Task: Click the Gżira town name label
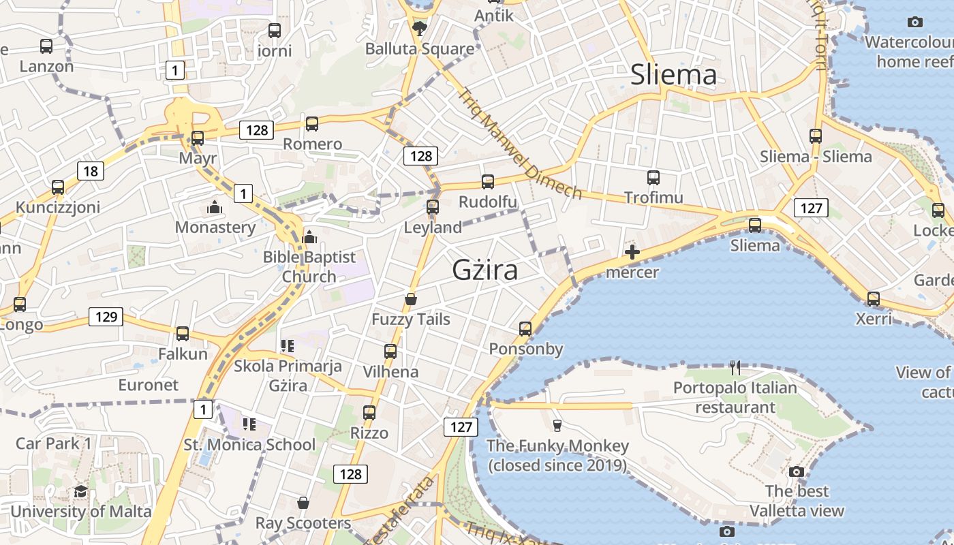pos(484,270)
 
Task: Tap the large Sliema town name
pos(673,74)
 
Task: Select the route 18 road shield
pos(91,170)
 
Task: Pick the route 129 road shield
pos(106,316)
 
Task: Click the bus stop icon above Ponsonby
pos(525,329)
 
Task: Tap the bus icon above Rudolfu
pos(488,182)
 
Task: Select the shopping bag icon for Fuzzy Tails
pos(411,299)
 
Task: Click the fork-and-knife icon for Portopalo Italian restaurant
pos(735,368)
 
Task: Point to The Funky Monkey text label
pos(557,446)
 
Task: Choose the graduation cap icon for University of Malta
pos(80,492)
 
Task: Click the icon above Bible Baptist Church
pos(309,237)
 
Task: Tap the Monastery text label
pos(215,227)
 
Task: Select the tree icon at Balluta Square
pos(419,29)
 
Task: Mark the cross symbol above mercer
pos(632,253)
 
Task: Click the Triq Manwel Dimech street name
pos(521,144)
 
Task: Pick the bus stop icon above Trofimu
pos(653,178)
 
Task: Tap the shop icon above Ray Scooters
pos(303,503)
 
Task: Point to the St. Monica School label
pos(249,445)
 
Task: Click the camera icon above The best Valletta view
pos(796,471)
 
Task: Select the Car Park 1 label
pos(54,443)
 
